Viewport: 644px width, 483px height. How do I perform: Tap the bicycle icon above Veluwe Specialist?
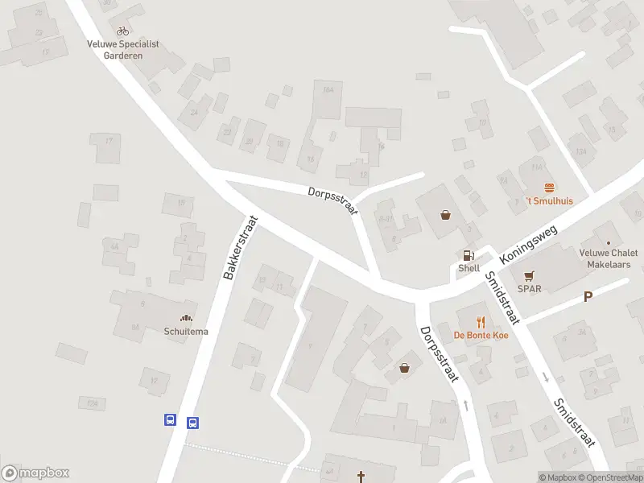click(122, 31)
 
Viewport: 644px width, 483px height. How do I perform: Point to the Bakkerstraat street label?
click(240, 247)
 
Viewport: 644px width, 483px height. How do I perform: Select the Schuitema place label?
click(187, 331)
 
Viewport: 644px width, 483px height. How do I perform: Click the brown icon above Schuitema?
click(187, 319)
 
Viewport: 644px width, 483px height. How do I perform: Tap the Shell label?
click(469, 268)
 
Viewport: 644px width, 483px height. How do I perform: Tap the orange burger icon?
click(550, 188)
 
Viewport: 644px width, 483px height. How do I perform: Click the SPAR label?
click(529, 287)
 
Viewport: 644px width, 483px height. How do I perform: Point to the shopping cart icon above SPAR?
click(529, 275)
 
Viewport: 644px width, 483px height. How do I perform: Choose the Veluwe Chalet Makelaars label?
click(609, 258)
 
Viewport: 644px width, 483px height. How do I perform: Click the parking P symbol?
click(588, 296)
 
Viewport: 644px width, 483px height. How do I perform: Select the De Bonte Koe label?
click(481, 335)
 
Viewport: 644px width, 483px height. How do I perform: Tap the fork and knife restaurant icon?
click(481, 322)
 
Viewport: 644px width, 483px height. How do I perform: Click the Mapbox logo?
click(35, 473)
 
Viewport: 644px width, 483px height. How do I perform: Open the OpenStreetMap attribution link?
click(611, 477)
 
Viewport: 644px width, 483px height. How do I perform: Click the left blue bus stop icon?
click(170, 419)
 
